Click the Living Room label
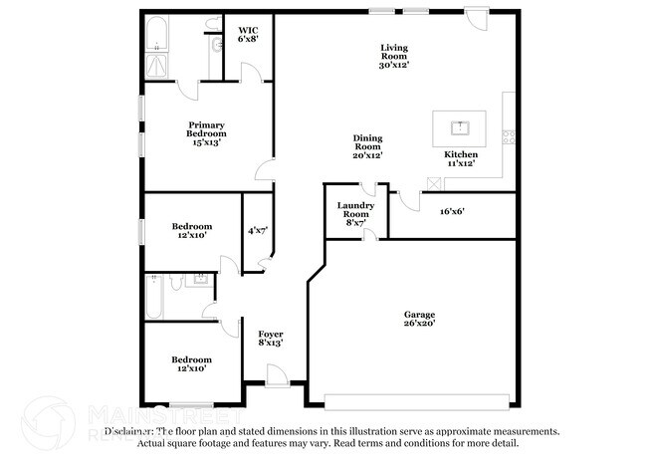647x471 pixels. pos(394,56)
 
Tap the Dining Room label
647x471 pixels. pos(367,146)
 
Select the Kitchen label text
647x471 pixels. pos(461,155)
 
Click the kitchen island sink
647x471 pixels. pos(460,126)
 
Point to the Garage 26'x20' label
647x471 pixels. pos(419,318)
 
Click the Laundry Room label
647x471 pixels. pos(355,214)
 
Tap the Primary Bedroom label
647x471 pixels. pos(207,133)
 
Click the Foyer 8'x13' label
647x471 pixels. pos(271,339)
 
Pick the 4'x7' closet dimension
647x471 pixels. pos(258,230)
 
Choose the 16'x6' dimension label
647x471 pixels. pos(453,210)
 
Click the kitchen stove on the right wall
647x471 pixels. pos(509,136)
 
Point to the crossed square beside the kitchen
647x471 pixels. pos(433,183)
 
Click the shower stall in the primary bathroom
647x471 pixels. pos(156,66)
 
